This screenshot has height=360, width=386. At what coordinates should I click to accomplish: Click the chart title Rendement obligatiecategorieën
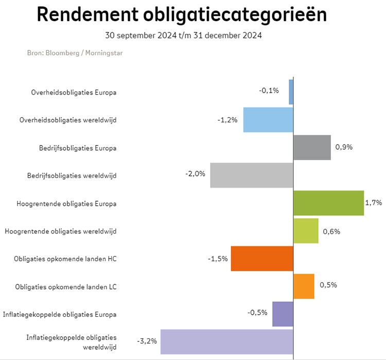tap(182, 15)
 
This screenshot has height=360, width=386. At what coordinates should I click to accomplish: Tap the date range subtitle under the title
tap(183, 35)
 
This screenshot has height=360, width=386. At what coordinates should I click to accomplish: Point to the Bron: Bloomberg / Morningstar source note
tap(75, 52)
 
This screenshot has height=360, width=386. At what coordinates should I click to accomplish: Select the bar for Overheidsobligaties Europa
tap(291, 92)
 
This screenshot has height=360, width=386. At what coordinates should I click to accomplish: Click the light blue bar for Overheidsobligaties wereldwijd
tap(268, 120)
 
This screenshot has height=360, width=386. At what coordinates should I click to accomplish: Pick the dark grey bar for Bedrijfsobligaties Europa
tap(312, 148)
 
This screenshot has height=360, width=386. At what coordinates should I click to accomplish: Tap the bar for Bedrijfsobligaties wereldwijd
tap(252, 175)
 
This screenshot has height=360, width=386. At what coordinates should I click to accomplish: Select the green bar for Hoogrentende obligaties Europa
tap(328, 203)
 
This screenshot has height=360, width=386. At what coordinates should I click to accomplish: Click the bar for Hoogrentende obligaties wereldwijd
tap(306, 231)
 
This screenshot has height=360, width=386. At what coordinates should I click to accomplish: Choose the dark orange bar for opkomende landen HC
tap(262, 259)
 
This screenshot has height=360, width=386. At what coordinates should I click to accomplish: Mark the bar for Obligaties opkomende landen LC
tap(304, 286)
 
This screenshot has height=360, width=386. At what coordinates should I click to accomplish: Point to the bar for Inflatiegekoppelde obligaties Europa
tap(283, 314)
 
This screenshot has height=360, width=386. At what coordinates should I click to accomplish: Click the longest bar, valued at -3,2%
tap(226, 341)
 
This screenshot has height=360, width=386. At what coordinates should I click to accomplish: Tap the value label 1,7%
tap(374, 203)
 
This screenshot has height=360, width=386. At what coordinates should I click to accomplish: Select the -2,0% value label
tap(195, 174)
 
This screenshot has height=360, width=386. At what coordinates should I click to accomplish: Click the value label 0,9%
tap(344, 147)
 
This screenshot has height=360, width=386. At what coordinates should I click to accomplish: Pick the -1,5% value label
tap(218, 259)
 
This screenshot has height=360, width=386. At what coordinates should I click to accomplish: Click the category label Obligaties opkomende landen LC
tap(66, 286)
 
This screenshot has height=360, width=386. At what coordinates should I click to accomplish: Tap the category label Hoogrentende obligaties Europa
tap(66, 204)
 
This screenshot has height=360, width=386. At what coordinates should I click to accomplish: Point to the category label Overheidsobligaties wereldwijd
tap(68, 120)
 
